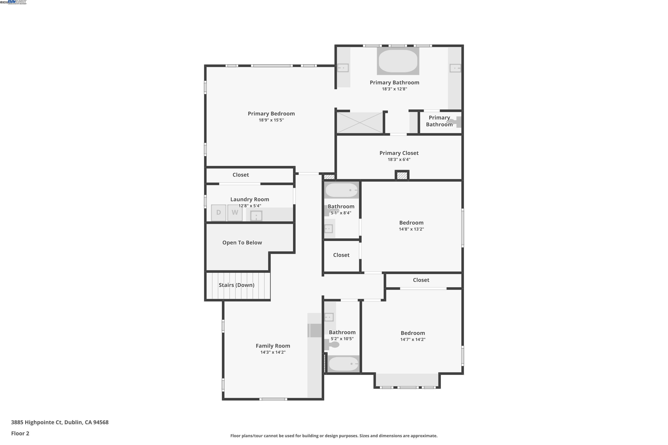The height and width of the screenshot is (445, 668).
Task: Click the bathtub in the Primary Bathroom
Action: point(398,61)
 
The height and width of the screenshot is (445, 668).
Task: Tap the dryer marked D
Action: point(218,212)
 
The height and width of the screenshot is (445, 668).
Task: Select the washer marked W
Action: point(235,212)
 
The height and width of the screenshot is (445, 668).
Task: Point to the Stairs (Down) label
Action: point(236,285)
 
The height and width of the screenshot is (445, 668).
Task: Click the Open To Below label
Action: point(242,243)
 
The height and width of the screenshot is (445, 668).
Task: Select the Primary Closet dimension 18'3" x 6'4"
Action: point(399,160)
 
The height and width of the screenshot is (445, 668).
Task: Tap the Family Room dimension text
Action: point(273,352)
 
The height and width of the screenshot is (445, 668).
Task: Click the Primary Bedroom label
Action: point(271,113)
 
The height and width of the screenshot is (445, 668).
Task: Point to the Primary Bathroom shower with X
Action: point(360,123)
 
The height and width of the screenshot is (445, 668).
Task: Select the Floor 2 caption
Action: point(20,433)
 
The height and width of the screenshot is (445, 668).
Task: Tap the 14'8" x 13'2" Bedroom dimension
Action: point(411,229)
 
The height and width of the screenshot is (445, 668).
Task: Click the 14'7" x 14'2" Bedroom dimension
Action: point(413,340)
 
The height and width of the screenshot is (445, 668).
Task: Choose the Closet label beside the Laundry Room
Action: point(240,175)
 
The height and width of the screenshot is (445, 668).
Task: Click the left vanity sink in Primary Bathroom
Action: point(343,68)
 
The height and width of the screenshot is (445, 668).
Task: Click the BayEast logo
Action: point(17,2)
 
